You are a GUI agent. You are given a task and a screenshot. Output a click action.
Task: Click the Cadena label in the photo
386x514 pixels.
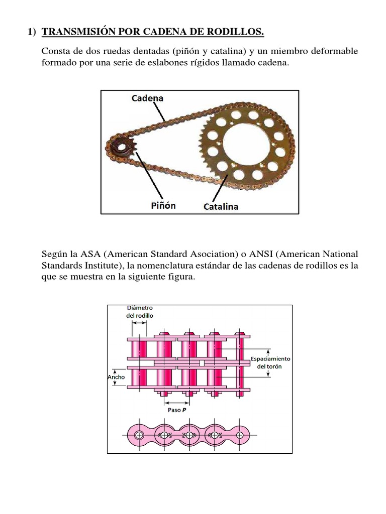click(147, 98)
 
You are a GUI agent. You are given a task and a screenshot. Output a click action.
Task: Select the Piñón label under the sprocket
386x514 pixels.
click(163, 205)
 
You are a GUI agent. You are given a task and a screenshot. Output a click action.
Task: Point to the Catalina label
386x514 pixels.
click(221, 206)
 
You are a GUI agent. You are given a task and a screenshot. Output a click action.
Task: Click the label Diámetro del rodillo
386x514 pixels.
click(139, 311)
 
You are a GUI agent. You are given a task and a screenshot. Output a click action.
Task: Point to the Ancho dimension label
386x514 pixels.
click(116, 376)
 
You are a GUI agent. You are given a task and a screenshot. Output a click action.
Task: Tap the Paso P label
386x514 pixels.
click(177, 410)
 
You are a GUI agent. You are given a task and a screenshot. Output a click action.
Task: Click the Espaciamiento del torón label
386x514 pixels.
click(270, 362)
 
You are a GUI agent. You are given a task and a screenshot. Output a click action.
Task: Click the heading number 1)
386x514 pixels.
click(32, 33)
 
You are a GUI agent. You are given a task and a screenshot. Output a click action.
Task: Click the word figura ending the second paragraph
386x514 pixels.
click(180, 278)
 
